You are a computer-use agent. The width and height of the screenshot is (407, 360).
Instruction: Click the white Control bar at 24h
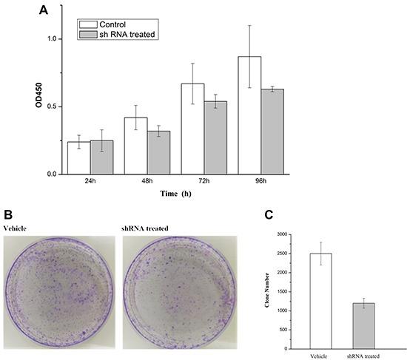[x=78, y=158]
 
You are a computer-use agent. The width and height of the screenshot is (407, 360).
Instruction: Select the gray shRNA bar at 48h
[x=158, y=153]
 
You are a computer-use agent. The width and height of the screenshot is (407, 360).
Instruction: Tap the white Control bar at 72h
[x=192, y=129]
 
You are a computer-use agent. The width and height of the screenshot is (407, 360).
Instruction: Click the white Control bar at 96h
[x=249, y=115]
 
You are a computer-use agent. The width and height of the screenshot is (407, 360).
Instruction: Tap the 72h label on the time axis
[x=203, y=181]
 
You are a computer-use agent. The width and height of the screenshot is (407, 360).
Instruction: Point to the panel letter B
[x=8, y=215]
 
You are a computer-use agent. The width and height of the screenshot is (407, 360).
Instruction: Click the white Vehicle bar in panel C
[x=320, y=301]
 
